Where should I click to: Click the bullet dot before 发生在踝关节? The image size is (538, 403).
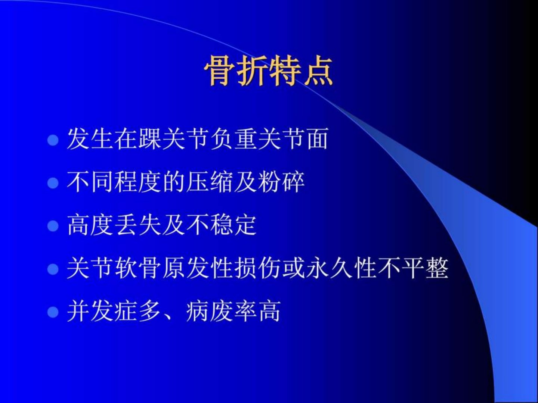click(x=53, y=140)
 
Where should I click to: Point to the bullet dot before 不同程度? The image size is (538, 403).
click(x=53, y=183)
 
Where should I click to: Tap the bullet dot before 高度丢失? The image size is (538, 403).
click(x=53, y=226)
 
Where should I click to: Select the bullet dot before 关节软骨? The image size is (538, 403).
click(x=53, y=269)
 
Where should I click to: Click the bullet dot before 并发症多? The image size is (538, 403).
click(x=53, y=312)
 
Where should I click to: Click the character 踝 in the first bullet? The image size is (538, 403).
click(x=149, y=139)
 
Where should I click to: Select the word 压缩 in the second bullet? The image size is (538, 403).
click(x=209, y=182)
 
